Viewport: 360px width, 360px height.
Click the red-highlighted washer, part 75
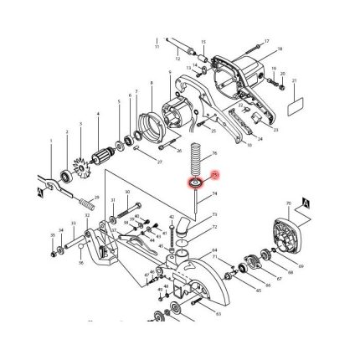tap(195, 181)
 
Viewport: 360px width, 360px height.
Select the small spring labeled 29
tap(86, 203)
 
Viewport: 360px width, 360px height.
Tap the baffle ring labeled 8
tap(150, 126)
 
